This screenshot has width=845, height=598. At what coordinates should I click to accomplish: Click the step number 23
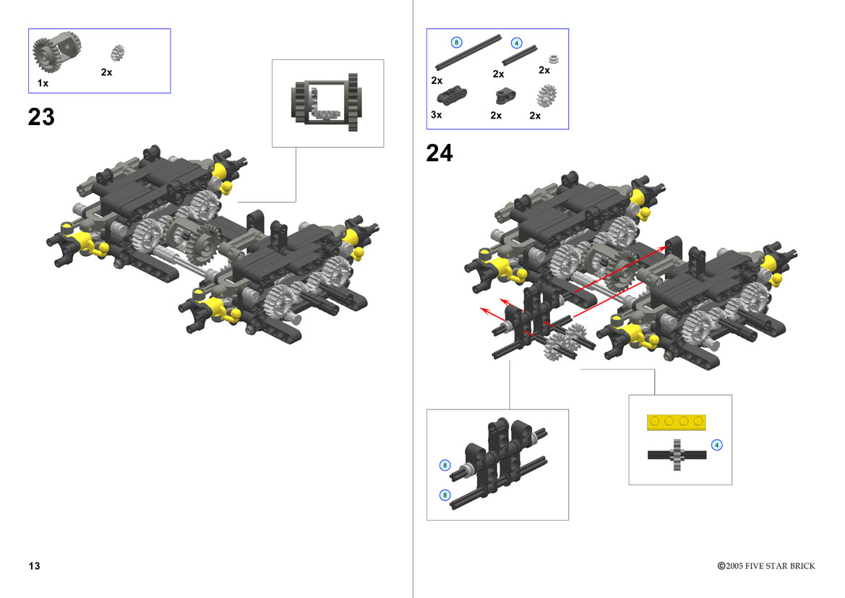(x=41, y=117)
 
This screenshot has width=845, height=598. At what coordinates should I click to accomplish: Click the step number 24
(x=439, y=153)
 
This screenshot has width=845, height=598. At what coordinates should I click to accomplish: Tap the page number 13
(x=35, y=565)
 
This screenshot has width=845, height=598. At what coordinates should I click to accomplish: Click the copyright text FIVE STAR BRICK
(x=780, y=565)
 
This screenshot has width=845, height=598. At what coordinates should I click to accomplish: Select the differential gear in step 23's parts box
(x=56, y=51)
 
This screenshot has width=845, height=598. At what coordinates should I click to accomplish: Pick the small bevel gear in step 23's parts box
(x=118, y=52)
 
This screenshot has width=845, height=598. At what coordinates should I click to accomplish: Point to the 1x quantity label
(x=43, y=83)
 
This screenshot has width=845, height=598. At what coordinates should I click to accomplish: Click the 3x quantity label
(x=437, y=115)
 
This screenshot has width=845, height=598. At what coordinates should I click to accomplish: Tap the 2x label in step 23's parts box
(x=107, y=72)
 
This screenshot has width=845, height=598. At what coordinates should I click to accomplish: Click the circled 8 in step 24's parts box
(x=456, y=42)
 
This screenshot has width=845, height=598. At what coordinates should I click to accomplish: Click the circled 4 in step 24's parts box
(x=516, y=43)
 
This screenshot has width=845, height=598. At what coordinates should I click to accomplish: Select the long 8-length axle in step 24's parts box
(x=468, y=53)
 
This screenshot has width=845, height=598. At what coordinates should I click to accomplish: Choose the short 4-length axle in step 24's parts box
(x=520, y=56)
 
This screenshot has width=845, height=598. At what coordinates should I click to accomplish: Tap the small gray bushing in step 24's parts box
(x=553, y=59)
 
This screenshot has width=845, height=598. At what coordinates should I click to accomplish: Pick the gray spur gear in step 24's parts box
(x=547, y=96)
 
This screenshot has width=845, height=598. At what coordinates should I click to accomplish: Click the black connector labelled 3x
(x=452, y=95)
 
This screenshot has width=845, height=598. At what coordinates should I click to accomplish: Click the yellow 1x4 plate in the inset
(x=677, y=422)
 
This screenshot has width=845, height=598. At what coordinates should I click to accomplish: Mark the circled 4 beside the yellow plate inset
(x=717, y=445)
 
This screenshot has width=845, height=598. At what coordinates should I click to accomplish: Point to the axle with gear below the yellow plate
(x=677, y=455)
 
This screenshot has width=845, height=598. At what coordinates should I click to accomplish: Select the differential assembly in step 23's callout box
(x=327, y=103)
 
